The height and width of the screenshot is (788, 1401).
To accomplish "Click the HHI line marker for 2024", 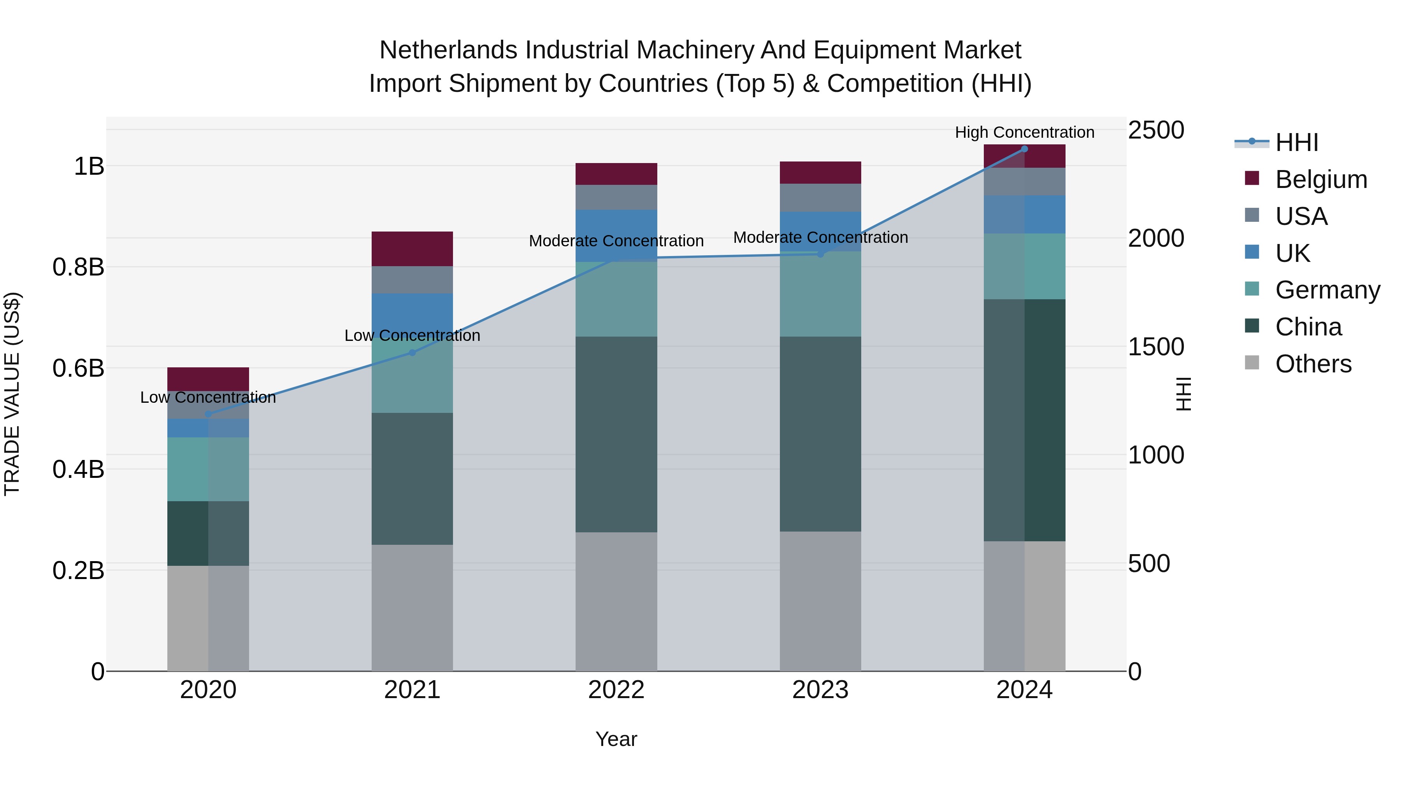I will pyautogui.click(x=1024, y=149).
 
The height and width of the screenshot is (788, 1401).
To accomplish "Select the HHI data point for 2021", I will pyautogui.click(x=412, y=353).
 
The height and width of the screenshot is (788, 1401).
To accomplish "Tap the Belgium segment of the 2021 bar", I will pyautogui.click(x=412, y=249).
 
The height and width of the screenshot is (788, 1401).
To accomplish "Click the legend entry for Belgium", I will pyautogui.click(x=1320, y=179).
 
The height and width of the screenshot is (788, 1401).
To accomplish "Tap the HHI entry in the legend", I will pyautogui.click(x=1297, y=142).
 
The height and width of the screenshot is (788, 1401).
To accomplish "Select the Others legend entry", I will pyautogui.click(x=1313, y=364).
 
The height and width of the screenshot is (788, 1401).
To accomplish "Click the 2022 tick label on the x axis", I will pyautogui.click(x=616, y=690).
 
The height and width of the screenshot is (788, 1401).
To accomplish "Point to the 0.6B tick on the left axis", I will pyautogui.click(x=78, y=368).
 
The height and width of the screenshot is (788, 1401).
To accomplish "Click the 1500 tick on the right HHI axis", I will pyautogui.click(x=1156, y=347).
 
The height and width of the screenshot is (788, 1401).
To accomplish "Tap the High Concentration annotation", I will pyautogui.click(x=1024, y=132).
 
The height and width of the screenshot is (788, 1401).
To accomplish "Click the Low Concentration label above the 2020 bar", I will pyautogui.click(x=208, y=398).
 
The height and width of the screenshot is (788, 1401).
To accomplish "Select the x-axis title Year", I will pyautogui.click(x=616, y=739).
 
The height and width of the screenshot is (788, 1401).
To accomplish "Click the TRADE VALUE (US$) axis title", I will pyautogui.click(x=12, y=394).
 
